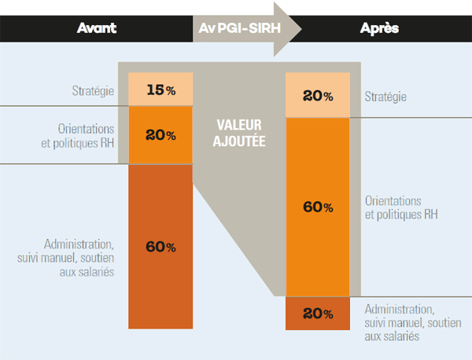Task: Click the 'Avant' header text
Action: pyautogui.click(x=97, y=28)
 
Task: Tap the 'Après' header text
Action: pyautogui.click(x=379, y=28)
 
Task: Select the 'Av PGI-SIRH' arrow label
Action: pyautogui.click(x=240, y=28)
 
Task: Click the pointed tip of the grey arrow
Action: pyautogui.click(x=301, y=29)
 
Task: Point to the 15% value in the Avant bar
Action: pyautogui.click(x=160, y=89)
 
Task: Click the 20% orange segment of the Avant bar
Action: pyautogui.click(x=160, y=135)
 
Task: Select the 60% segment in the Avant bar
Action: pyautogui.click(x=160, y=247)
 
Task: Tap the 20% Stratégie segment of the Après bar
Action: pyautogui.click(x=318, y=95)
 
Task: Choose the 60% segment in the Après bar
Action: pyautogui.click(x=318, y=207)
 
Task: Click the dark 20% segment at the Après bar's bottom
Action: pyautogui.click(x=318, y=314)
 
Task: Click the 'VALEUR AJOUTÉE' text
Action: pyautogui.click(x=239, y=133)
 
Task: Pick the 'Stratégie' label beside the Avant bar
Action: pyautogui.click(x=93, y=91)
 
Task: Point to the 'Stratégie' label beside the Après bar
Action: pyautogui.click(x=385, y=97)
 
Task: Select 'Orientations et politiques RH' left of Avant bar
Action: pyautogui.click(x=78, y=136)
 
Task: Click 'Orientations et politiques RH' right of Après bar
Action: pyautogui.click(x=401, y=208)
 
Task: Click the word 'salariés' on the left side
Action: pyautogui.click(x=87, y=272)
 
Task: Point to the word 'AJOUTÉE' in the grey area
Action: pyautogui.click(x=239, y=141)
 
